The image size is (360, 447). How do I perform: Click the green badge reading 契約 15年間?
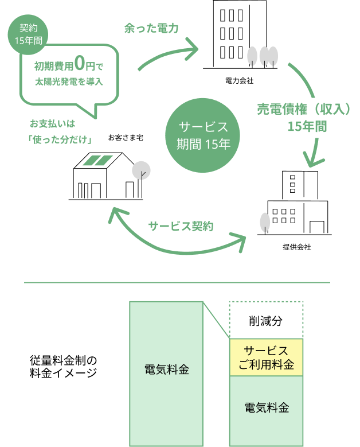28,34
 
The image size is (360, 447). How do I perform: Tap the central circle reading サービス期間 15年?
204,136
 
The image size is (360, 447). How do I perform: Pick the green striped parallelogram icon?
97,161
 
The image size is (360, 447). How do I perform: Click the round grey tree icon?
141,170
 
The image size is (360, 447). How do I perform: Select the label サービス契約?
181,226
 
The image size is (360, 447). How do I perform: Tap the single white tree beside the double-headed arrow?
265,222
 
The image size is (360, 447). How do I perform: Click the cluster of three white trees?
262,56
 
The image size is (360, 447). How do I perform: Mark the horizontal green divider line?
177,282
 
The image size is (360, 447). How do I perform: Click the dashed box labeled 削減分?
266,320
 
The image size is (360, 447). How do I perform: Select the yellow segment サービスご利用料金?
266,357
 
